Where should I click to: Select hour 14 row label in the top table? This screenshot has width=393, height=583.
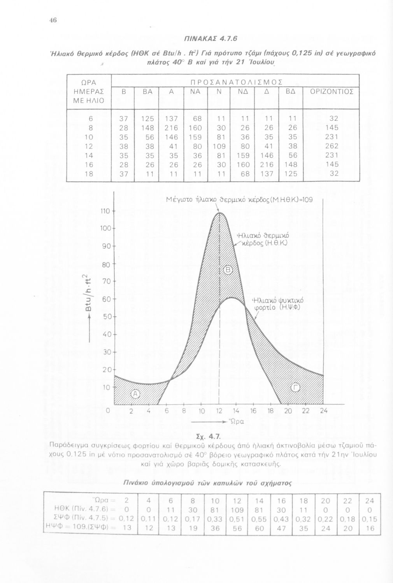89,155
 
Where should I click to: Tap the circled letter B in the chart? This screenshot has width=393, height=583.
228,271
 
